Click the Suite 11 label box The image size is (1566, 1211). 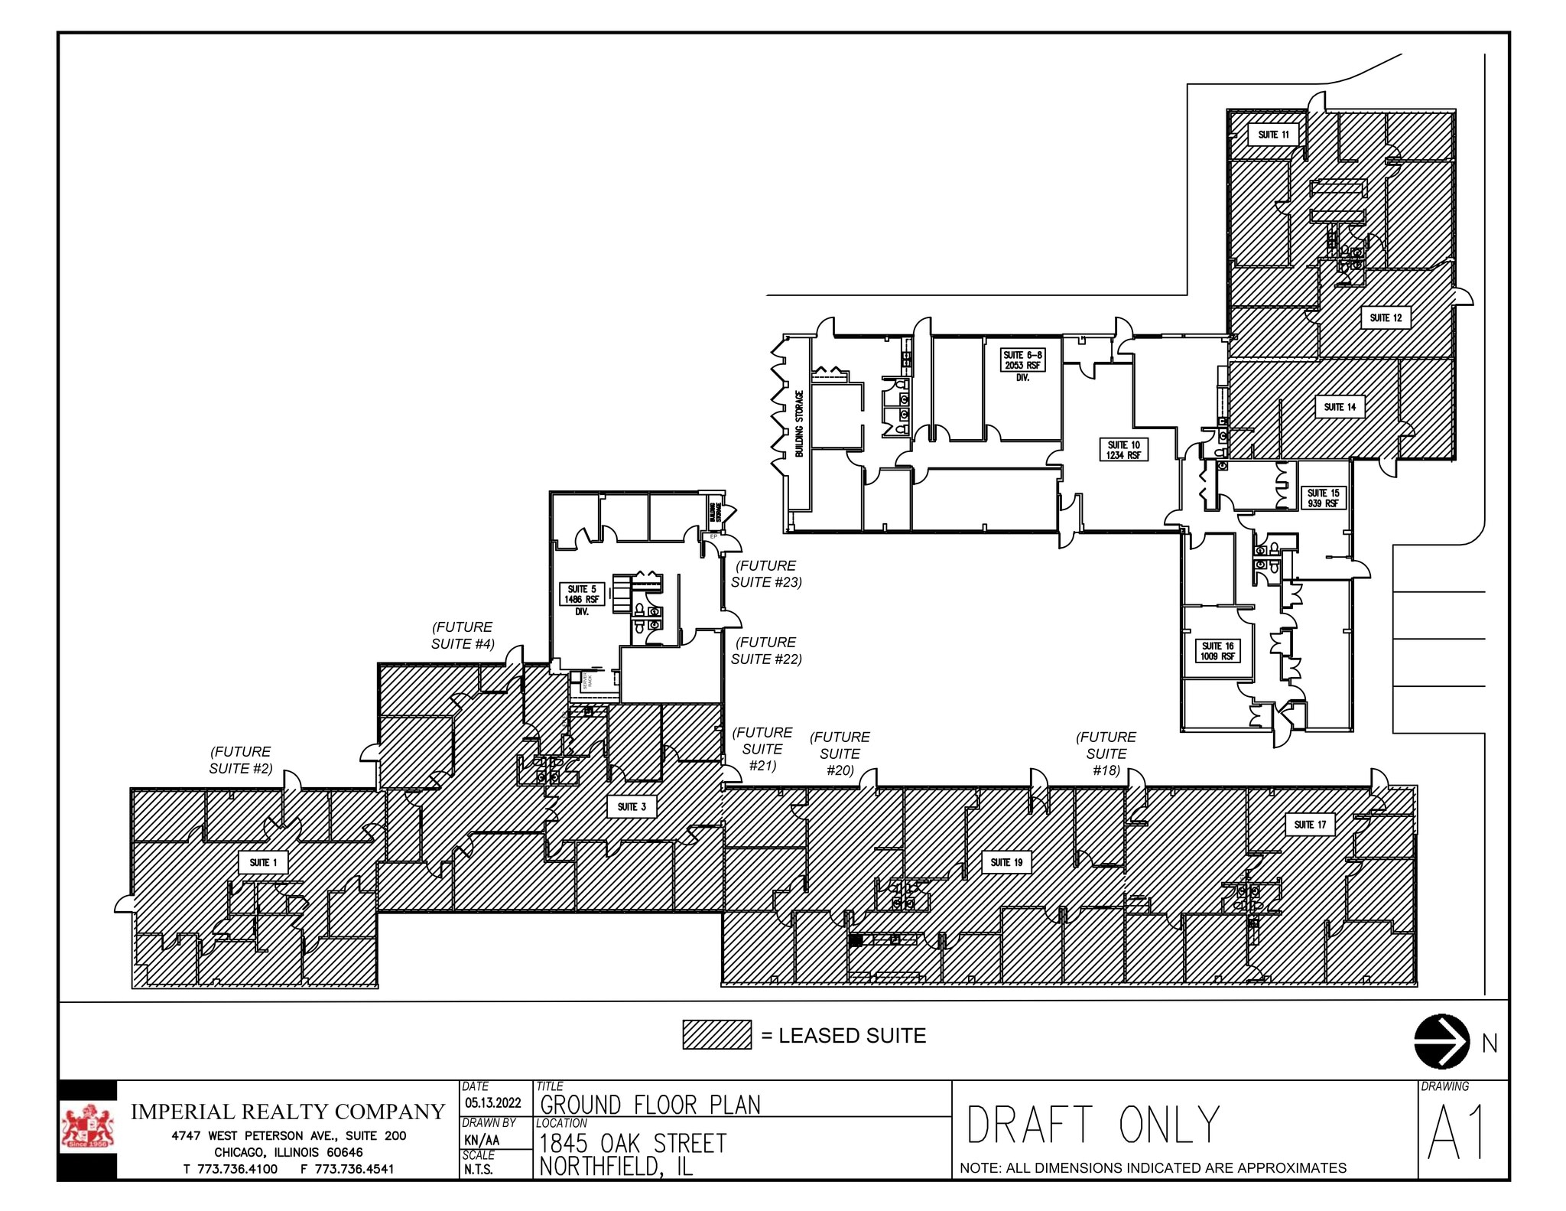pyautogui.click(x=1273, y=135)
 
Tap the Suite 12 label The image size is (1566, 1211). pyautogui.click(x=1386, y=317)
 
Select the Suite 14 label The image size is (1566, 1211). pyautogui.click(x=1340, y=407)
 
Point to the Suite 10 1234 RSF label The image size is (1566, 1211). pyautogui.click(x=1123, y=450)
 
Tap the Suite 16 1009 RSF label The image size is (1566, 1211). pyautogui.click(x=1217, y=651)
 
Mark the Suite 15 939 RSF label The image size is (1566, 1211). pyautogui.click(x=1322, y=498)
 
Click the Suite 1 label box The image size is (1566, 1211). pyautogui.click(x=263, y=863)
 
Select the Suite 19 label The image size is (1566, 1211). pyautogui.click(x=1006, y=862)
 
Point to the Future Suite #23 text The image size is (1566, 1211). pyautogui.click(x=766, y=574)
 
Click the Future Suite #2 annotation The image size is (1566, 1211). pyautogui.click(x=241, y=760)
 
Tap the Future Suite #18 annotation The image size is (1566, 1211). pyautogui.click(x=1106, y=754)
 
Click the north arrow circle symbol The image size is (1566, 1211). pyautogui.click(x=1441, y=1041)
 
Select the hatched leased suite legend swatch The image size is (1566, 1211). pyautogui.click(x=716, y=1034)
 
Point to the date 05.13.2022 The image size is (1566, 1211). pyautogui.click(x=493, y=1102)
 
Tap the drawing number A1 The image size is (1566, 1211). pyautogui.click(x=1457, y=1133)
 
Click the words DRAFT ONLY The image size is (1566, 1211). pyautogui.click(x=1093, y=1125)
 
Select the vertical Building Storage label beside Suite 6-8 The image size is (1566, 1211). pyautogui.click(x=800, y=424)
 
